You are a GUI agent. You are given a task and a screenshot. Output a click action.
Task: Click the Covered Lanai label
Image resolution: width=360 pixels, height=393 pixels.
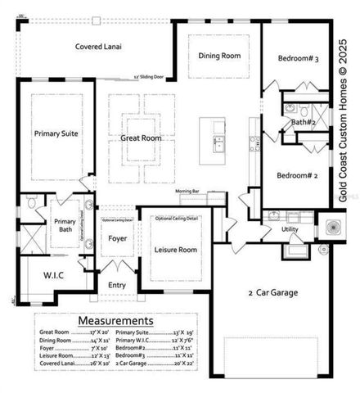[99, 47]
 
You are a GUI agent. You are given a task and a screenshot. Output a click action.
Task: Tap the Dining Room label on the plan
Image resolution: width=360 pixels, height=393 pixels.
[220, 56]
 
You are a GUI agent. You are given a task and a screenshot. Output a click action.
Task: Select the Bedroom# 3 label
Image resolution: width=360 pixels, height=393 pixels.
[298, 59]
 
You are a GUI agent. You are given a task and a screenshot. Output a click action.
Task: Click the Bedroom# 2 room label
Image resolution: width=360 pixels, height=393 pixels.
[297, 175]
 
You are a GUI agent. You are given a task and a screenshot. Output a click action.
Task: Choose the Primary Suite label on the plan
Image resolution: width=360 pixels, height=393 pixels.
[56, 133]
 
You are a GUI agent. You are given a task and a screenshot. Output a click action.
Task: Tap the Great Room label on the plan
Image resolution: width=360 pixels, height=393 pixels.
[141, 138]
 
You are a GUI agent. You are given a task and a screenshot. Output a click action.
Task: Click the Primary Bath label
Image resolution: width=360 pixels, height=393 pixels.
[65, 225]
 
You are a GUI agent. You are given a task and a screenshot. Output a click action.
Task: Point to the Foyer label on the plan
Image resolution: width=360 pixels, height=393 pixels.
[118, 239]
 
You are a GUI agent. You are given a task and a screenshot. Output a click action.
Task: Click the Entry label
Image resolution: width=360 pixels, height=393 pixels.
[118, 285]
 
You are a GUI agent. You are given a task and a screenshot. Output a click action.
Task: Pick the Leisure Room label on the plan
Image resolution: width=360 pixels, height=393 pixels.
[174, 250]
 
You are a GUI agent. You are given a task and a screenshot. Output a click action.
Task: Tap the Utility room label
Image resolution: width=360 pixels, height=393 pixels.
[290, 230]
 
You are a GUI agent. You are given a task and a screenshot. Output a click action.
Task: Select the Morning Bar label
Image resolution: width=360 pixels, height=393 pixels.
[187, 191]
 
